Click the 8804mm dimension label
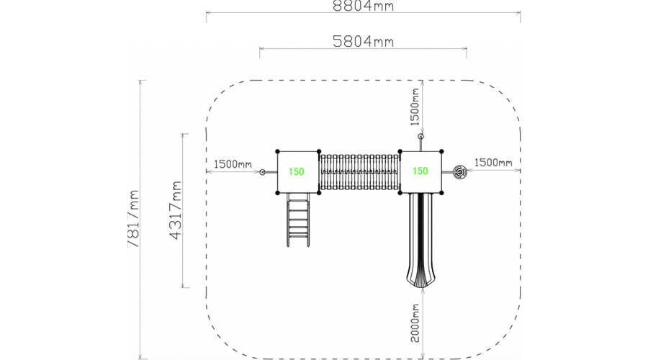364,6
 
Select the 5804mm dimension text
364,41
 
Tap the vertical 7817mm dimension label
133,219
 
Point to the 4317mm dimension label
176,210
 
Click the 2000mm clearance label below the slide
415,323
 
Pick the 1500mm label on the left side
233,164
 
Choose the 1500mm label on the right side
493,163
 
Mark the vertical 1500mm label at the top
415,107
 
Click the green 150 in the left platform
297,171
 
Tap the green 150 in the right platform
420,171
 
